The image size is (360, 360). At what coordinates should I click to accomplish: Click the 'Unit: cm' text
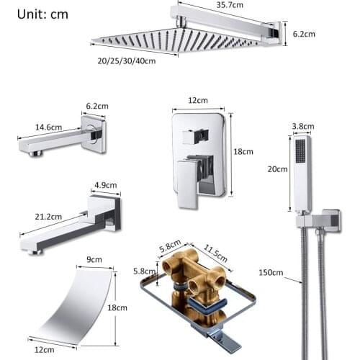coord(43,13)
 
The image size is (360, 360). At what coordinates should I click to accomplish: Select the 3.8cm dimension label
coord(302,126)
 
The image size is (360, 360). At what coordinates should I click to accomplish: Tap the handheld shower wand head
coord(301,173)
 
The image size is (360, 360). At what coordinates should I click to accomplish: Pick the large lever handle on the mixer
coord(189,180)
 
